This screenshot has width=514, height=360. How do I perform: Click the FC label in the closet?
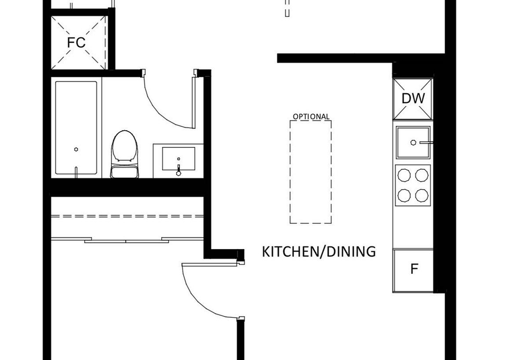(76, 43)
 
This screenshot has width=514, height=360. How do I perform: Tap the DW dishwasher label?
(413, 99)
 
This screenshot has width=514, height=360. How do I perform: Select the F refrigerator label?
(414, 269)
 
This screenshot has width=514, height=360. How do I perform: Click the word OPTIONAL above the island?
(311, 117)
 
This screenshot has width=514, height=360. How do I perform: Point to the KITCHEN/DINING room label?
(319, 251)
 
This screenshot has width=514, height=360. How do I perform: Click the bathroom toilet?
(124, 154)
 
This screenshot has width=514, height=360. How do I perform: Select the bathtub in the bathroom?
(76, 128)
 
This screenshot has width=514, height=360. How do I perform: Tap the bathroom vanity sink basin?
(179, 159)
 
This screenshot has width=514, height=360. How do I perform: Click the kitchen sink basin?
(413, 142)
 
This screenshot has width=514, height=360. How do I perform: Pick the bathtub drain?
(76, 149)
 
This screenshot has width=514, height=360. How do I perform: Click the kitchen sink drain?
(413, 142)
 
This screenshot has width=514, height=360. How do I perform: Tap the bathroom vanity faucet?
(179, 170)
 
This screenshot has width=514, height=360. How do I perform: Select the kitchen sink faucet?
(426, 142)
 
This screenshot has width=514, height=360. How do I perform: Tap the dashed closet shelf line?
(127, 216)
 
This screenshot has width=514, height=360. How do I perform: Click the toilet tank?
(124, 171)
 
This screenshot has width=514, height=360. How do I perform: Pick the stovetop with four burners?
(413, 185)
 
